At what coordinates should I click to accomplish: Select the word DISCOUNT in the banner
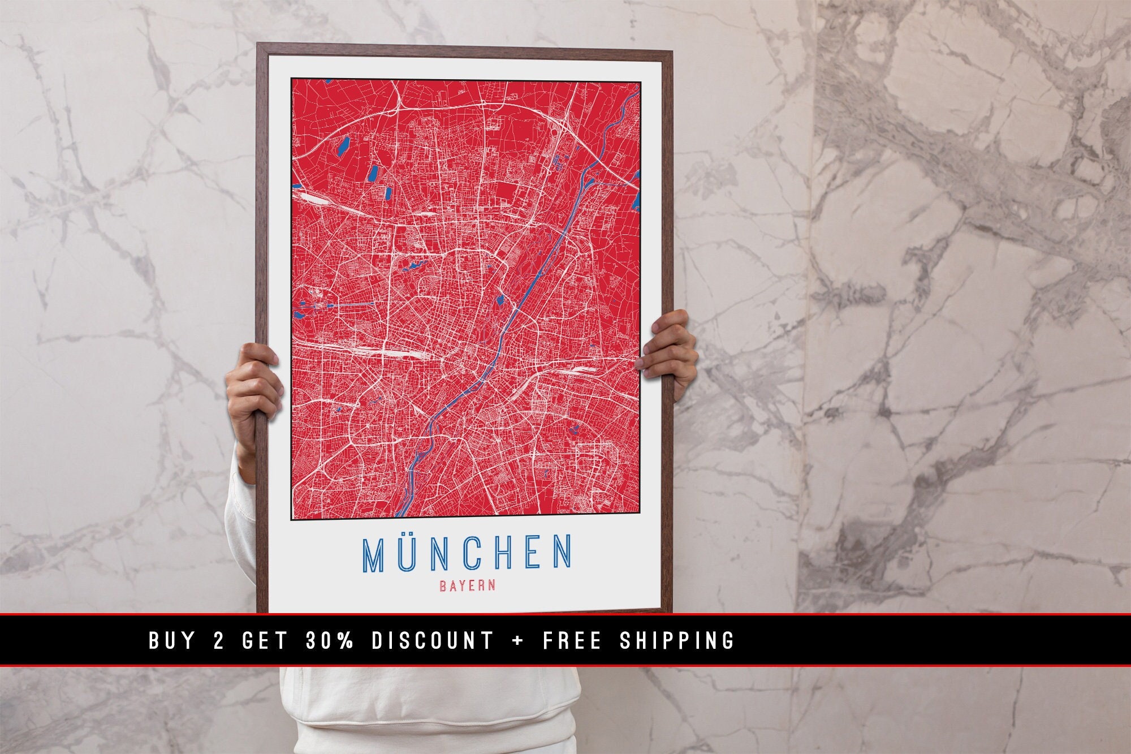point(433,640)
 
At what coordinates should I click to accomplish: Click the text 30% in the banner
point(330,640)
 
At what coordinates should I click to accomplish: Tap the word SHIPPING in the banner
point(677,640)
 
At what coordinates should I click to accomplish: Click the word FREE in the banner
point(572,640)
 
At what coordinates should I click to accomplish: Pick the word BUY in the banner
point(172,640)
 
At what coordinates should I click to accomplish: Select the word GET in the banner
point(265,640)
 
